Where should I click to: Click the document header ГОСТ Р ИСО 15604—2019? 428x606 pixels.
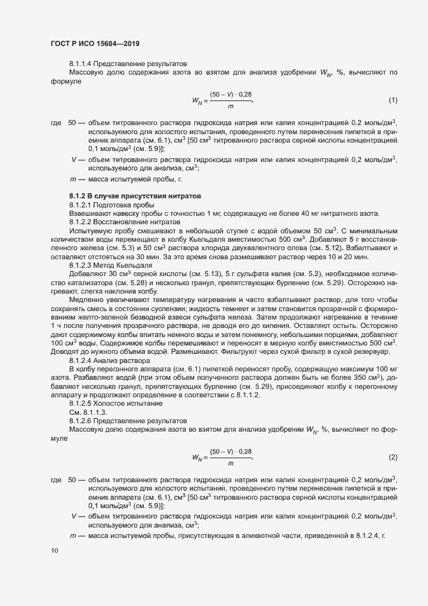pos(95,43)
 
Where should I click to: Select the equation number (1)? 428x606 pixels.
pos(392,100)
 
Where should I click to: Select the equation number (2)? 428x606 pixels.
pos(392,458)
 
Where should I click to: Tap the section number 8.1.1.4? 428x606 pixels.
pos(83,64)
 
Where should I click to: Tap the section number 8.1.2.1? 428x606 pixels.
pos(83,204)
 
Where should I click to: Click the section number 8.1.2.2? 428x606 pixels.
pos(83,222)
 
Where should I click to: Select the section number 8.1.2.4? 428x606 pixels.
pos(83,360)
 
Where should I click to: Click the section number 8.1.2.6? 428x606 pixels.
pos(83,420)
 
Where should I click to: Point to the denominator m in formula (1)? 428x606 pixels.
pos(231,106)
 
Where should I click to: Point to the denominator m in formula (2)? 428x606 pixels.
pos(231,463)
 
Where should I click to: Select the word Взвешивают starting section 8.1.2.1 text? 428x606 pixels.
pos(88,213)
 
